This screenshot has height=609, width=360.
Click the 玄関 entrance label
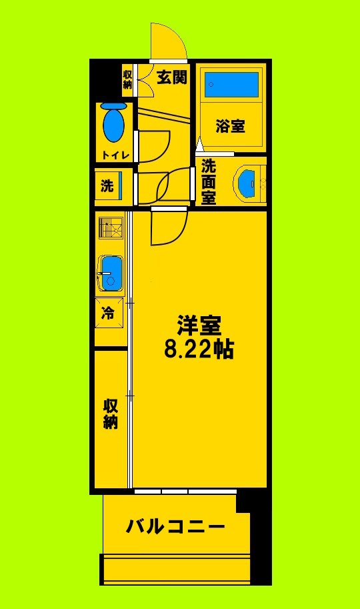pyautogui.click(x=171, y=77)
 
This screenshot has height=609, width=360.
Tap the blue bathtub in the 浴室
pyautogui.click(x=232, y=85)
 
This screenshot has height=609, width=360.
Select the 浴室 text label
pyautogui.click(x=230, y=126)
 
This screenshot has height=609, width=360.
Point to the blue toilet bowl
pyautogui.click(x=114, y=123)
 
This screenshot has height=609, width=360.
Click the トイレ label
pyautogui.click(x=115, y=155)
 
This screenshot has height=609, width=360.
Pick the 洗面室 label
pyautogui.click(x=209, y=180)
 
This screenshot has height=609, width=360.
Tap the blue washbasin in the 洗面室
pyautogui.click(x=247, y=181)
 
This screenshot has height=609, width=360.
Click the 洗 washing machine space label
pyautogui.click(x=107, y=186)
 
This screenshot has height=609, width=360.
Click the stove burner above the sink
pyautogui.click(x=109, y=229)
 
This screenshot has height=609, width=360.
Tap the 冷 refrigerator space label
pyautogui.click(x=107, y=313)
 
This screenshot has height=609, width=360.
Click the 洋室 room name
pyautogui.click(x=199, y=326)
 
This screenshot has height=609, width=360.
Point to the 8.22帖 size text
pyautogui.click(x=199, y=349)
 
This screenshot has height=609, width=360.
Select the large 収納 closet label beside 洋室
pyautogui.click(x=110, y=414)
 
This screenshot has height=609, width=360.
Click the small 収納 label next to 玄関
pyautogui.click(x=127, y=79)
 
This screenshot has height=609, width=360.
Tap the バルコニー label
pyautogui.click(x=176, y=526)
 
